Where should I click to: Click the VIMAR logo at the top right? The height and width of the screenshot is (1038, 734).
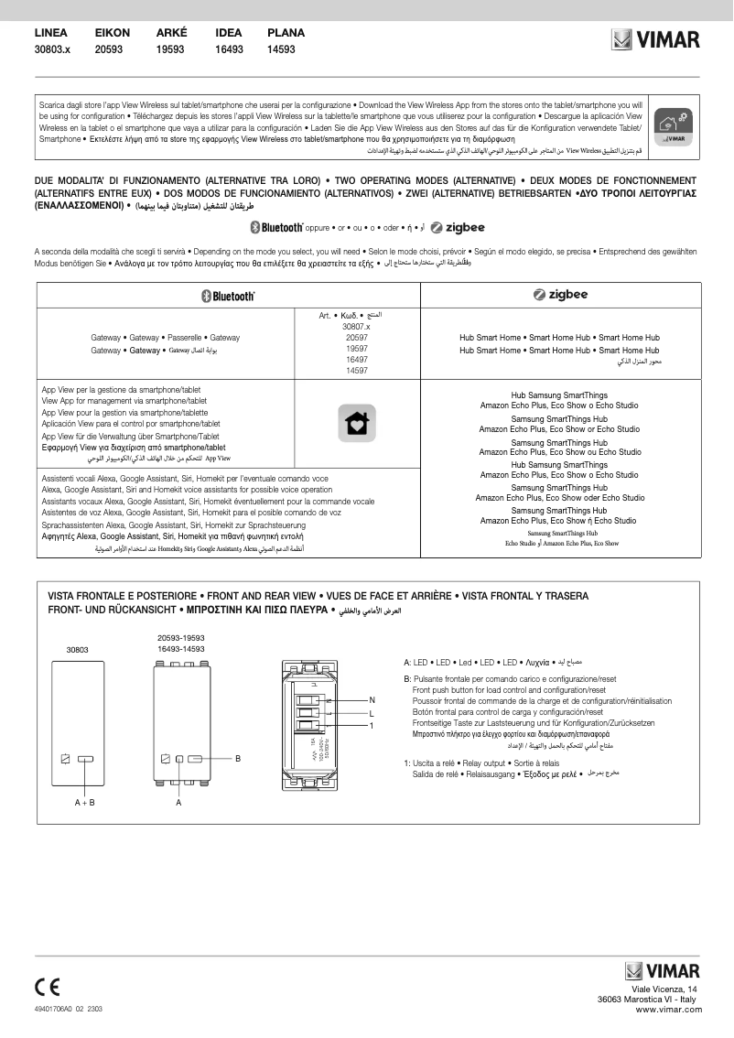click(655, 40)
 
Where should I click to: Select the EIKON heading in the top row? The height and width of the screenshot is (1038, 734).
click(113, 33)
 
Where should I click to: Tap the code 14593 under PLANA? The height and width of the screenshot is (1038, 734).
click(281, 49)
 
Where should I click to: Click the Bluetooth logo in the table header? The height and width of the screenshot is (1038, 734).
click(228, 296)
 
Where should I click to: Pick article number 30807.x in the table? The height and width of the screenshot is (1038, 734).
click(356, 327)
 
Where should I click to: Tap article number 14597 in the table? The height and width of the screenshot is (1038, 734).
click(356, 371)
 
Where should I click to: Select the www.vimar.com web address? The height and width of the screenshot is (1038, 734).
click(667, 1009)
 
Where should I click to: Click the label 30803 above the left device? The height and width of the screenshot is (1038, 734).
click(77, 649)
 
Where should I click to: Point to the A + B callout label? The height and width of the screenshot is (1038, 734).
click(85, 802)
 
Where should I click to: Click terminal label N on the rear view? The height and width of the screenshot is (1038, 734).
click(372, 700)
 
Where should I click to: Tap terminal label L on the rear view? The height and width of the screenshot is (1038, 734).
click(372, 713)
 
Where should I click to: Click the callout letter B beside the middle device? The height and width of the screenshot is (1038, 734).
click(237, 759)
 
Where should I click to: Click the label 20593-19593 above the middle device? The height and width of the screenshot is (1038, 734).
click(180, 637)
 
